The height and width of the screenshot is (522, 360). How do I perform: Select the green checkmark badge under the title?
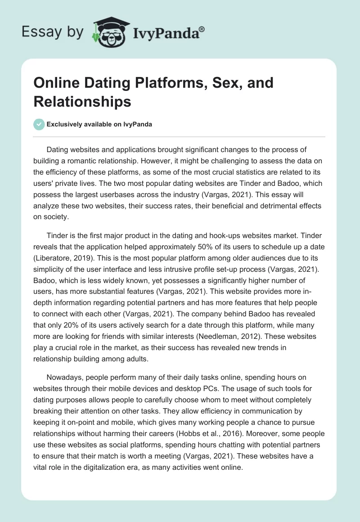click(39, 124)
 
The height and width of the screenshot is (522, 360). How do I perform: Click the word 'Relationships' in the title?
click(82, 101)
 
